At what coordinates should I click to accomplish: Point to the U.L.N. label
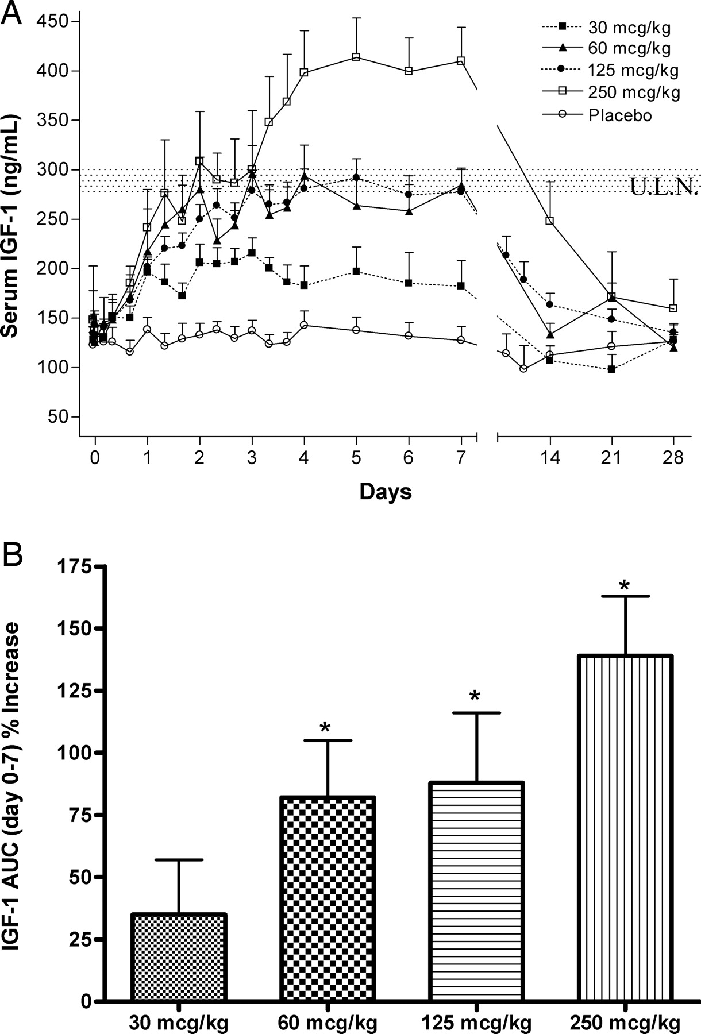(663, 187)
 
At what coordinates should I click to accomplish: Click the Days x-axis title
(386, 492)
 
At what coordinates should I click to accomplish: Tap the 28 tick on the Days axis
(673, 457)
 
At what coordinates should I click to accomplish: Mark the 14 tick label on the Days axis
(550, 457)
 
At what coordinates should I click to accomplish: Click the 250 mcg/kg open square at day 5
(356, 57)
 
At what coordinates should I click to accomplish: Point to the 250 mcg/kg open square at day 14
(550, 221)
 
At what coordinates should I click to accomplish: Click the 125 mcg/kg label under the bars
(476, 1023)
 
